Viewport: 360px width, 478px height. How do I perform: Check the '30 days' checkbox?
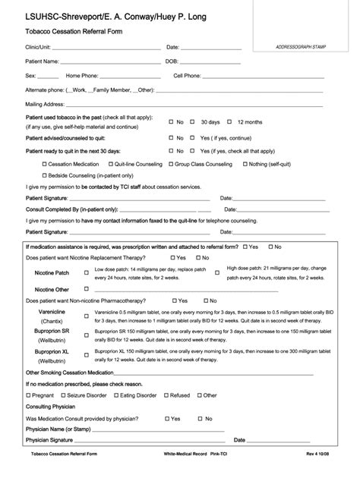pyautogui.click(x=193, y=121)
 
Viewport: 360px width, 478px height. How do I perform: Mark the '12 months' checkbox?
pyautogui.click(x=231, y=121)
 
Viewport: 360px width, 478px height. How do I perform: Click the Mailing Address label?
pyautogui.click(x=43, y=103)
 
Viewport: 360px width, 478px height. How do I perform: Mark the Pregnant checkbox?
pyautogui.click(x=29, y=395)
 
